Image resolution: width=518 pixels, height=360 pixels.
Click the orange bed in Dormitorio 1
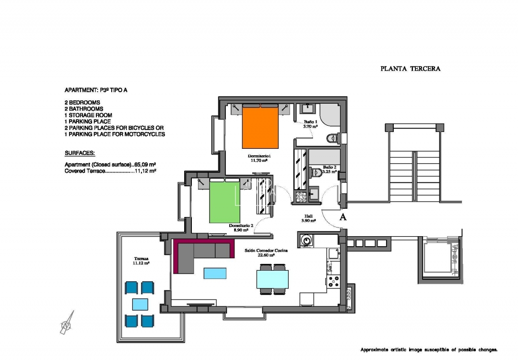click(x=260, y=127)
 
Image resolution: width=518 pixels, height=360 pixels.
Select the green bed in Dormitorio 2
click(x=224, y=202)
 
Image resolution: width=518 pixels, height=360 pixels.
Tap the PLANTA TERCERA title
click(x=410, y=69)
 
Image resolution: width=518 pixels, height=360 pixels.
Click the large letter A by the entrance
click(x=343, y=217)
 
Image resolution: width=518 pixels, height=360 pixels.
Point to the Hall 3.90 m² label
click(x=308, y=218)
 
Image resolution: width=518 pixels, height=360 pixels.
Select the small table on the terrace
click(x=140, y=304)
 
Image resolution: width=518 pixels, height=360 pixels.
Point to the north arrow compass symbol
click(x=67, y=323)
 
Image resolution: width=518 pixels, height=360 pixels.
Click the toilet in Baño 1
click(x=332, y=139)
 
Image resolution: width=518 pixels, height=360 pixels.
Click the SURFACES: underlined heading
click(x=80, y=153)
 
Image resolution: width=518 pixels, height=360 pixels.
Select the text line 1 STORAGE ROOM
click(x=88, y=115)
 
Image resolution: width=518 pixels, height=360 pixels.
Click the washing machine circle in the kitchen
click(x=305, y=239)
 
